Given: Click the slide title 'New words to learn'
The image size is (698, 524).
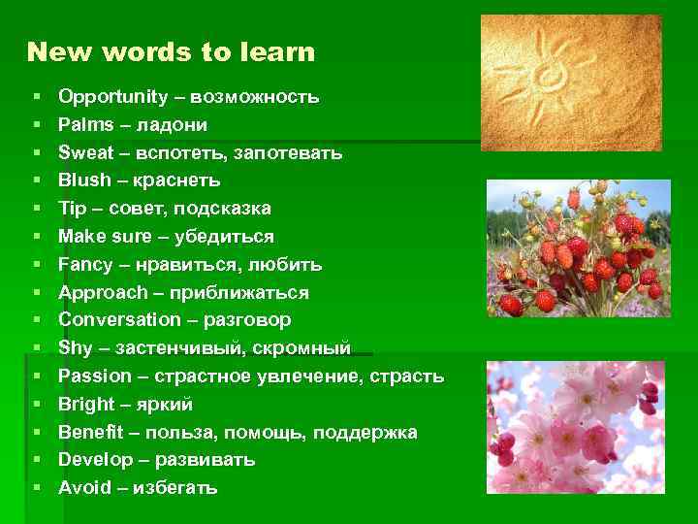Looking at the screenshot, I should tap(171, 52).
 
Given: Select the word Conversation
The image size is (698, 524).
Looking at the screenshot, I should tap(119, 320).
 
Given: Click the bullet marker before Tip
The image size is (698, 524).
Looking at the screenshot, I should tap(36, 209).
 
